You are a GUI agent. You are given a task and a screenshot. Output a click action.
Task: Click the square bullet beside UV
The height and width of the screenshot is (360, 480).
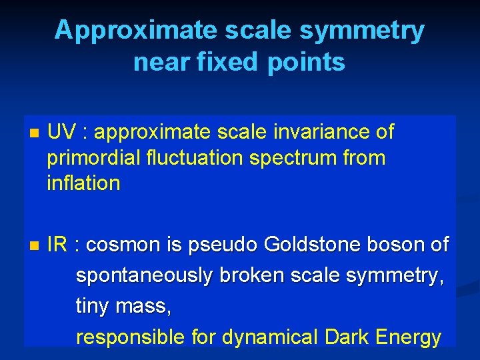tap(35, 133)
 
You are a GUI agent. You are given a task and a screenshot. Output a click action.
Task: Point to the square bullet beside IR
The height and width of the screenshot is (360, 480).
tap(35, 245)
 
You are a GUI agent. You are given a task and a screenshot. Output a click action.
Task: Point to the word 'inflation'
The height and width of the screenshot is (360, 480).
tap(83, 183)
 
